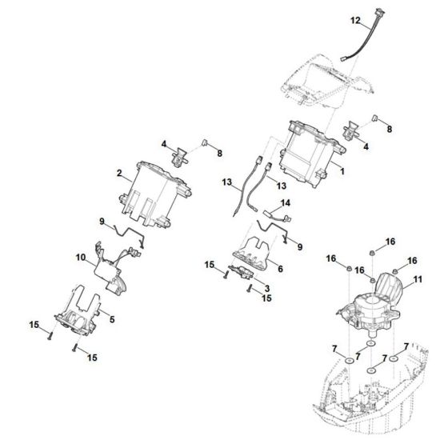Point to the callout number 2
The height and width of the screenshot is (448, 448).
point(119,173)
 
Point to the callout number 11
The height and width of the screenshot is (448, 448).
point(417,282)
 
